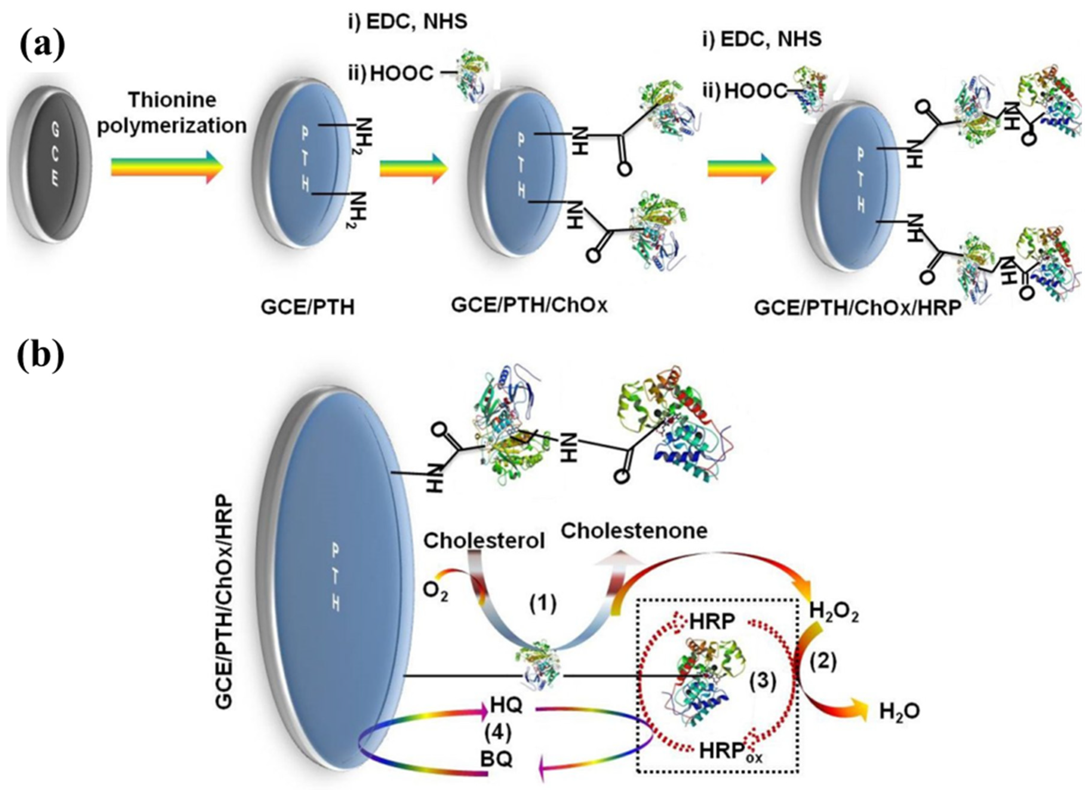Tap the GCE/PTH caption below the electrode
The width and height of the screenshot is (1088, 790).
point(308,307)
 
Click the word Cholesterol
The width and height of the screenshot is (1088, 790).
point(484,541)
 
